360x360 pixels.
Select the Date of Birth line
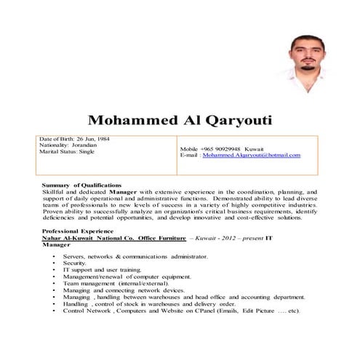tap(75, 139)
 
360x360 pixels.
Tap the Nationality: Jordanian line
tap(70, 145)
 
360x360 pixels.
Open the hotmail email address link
tap(251, 155)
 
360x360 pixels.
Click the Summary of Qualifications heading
tap(81, 185)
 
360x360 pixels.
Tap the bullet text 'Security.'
tap(75, 263)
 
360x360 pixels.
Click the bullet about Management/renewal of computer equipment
tap(116, 277)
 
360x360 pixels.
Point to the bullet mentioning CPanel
tap(180, 311)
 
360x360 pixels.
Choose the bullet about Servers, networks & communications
tap(135, 257)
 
